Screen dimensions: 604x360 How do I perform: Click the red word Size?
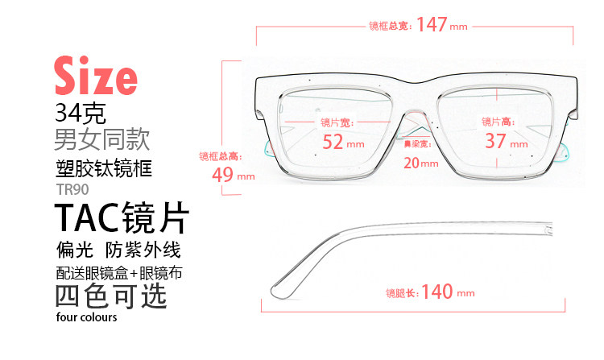[x=95, y=75]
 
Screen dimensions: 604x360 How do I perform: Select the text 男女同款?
[x=101, y=139]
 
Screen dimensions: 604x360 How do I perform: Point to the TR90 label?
[x=72, y=190]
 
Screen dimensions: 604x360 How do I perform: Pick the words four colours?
[x=87, y=317]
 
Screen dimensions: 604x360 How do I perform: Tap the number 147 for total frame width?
[x=432, y=25]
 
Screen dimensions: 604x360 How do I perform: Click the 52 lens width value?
[x=333, y=142]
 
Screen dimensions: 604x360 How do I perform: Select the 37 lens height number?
[x=495, y=142]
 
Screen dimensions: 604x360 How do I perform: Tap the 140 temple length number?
[x=437, y=292]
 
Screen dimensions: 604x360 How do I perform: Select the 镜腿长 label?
[x=400, y=292]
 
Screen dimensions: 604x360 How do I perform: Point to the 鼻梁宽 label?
[x=417, y=144]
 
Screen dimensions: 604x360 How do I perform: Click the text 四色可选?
[x=110, y=296]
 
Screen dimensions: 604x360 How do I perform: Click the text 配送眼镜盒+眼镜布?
[x=119, y=272]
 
